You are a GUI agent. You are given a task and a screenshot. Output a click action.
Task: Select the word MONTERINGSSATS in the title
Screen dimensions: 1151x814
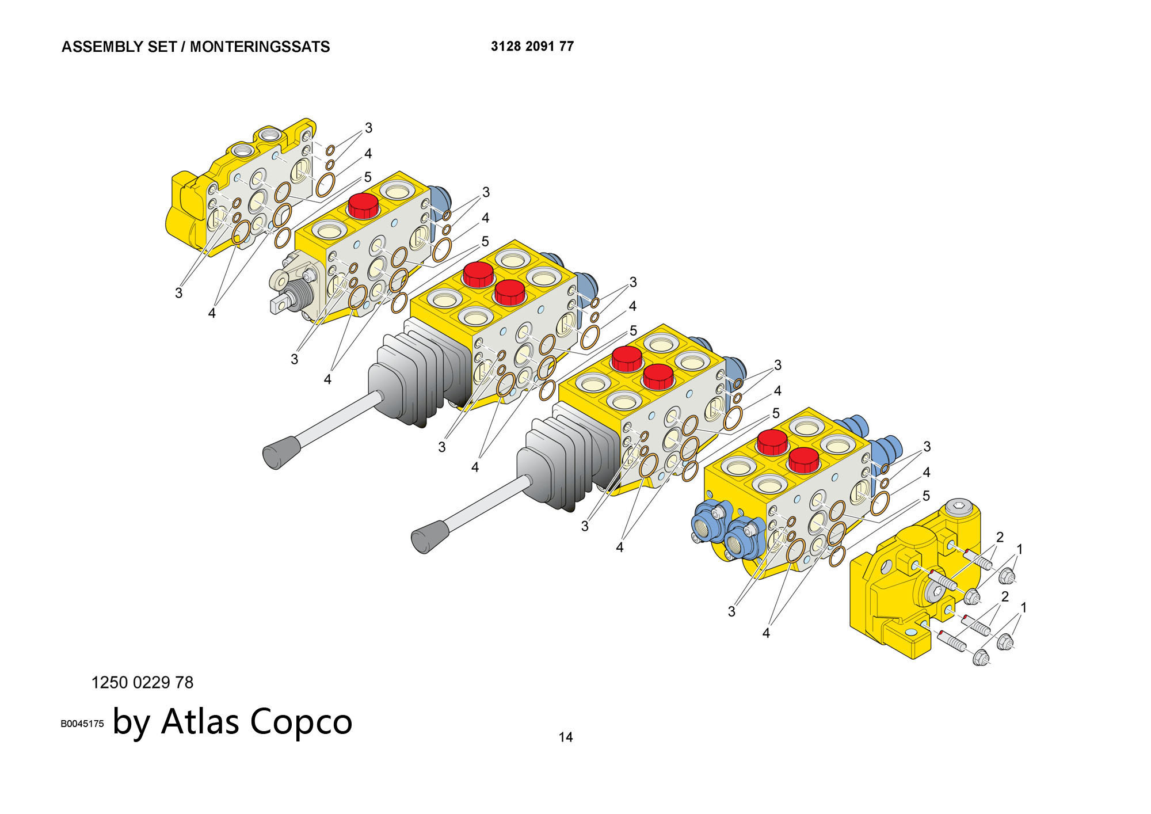[260, 47]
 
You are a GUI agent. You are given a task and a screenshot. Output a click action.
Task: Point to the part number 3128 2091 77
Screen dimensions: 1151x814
[532, 46]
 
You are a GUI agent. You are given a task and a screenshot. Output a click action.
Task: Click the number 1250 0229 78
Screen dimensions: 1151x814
[142, 683]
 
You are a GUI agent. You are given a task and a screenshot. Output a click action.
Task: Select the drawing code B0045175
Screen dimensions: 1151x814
[82, 724]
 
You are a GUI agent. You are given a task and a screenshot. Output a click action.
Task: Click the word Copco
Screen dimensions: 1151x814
[301, 723]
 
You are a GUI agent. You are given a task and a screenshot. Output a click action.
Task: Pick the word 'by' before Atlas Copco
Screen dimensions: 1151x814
[131, 723]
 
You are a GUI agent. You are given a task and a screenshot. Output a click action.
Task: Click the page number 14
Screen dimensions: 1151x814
[566, 737]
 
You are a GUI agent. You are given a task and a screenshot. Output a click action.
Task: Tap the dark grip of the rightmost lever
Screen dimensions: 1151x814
[430, 537]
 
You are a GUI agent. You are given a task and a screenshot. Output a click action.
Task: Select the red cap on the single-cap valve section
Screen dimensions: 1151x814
[363, 206]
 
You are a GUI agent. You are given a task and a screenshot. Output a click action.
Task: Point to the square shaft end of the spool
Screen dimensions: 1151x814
[279, 304]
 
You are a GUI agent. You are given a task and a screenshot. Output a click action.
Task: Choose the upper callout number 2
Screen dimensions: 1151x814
[1000, 537]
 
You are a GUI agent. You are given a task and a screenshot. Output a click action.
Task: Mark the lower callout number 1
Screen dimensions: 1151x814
[1023, 607]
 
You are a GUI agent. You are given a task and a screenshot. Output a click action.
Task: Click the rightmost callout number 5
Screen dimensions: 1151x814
[926, 496]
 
